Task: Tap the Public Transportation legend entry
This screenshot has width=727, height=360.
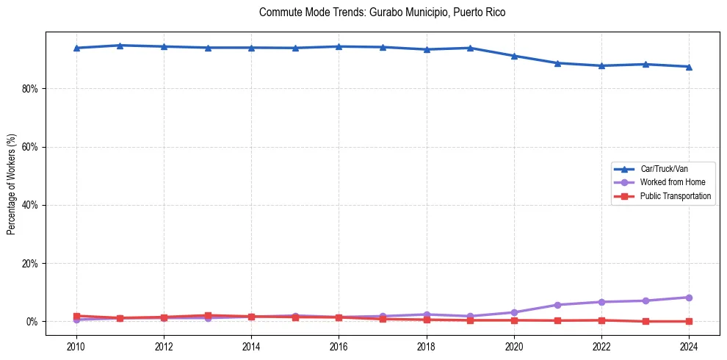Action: [x=675, y=196]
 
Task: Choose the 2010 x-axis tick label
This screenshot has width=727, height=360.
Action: [x=76, y=346]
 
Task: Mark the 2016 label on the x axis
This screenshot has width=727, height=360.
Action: [x=339, y=346]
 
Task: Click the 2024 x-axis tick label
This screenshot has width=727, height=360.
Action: [x=689, y=346]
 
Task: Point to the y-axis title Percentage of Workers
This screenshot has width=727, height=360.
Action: [x=12, y=184]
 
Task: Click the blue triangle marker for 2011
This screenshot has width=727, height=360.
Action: [x=120, y=46]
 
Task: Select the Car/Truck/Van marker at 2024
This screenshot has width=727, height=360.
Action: [x=689, y=67]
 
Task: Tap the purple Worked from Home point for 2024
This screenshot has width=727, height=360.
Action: [x=689, y=298]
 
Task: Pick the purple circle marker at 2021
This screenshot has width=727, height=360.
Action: [x=557, y=305]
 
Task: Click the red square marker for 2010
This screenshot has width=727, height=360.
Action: [x=76, y=316]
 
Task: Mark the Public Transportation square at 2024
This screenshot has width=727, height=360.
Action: [x=689, y=321]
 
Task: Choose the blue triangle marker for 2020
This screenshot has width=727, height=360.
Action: [x=514, y=56]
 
